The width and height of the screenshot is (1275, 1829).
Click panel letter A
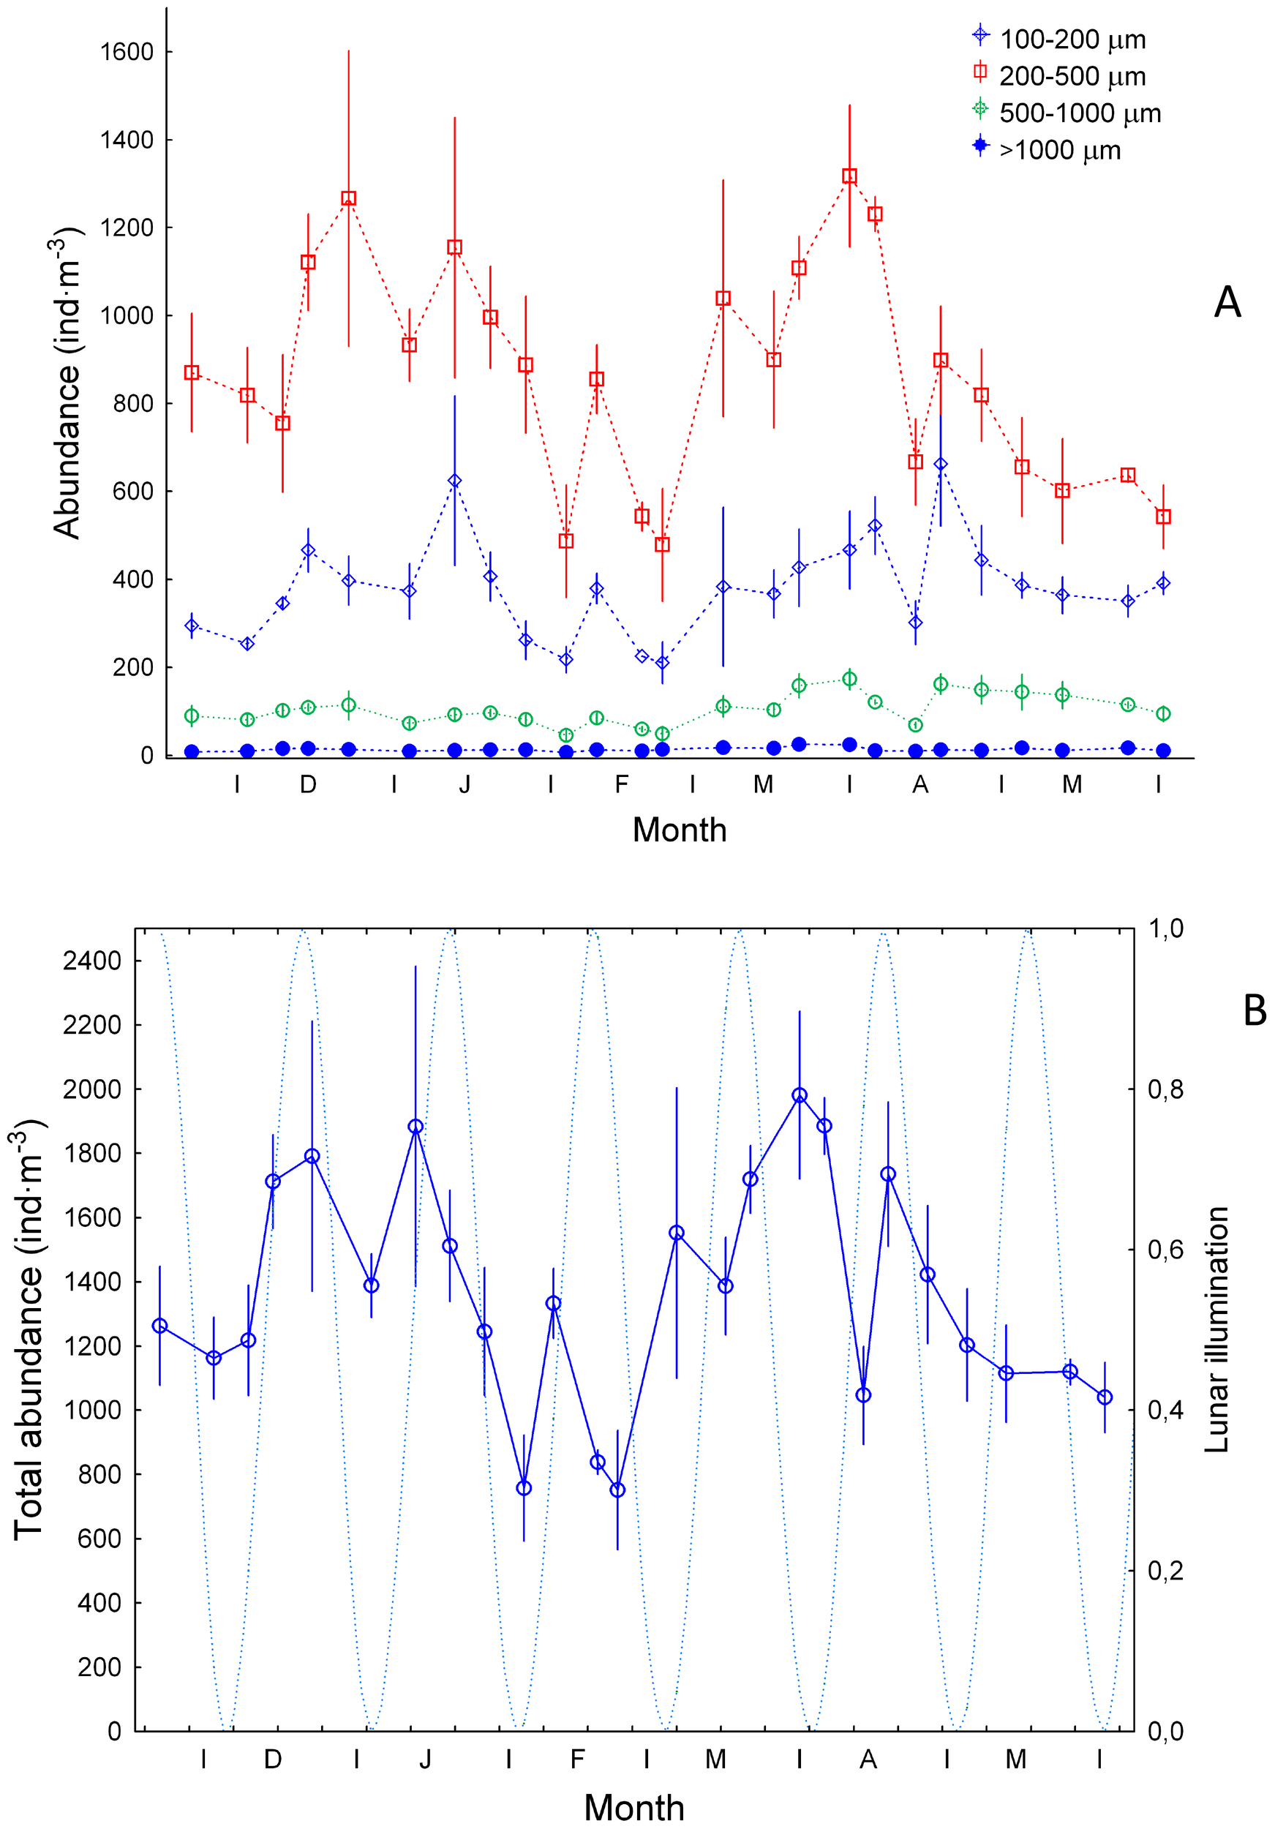point(1227,303)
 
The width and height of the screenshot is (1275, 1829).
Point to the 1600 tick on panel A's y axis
point(126,52)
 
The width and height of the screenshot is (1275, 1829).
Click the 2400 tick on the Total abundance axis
point(91,961)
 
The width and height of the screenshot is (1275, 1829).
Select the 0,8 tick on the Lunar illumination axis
point(1165,1089)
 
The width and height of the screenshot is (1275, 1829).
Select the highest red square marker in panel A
point(850,176)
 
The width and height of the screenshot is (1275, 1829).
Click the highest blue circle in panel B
point(800,1095)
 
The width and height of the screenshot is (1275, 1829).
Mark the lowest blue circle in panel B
point(617,1490)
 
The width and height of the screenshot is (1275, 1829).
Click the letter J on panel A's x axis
point(465,785)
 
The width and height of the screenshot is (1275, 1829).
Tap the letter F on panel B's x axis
point(577,1759)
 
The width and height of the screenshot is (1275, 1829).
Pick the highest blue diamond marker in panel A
point(941,464)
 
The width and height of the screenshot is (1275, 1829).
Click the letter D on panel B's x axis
point(272,1759)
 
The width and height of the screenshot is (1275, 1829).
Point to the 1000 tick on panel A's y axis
point(126,315)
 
